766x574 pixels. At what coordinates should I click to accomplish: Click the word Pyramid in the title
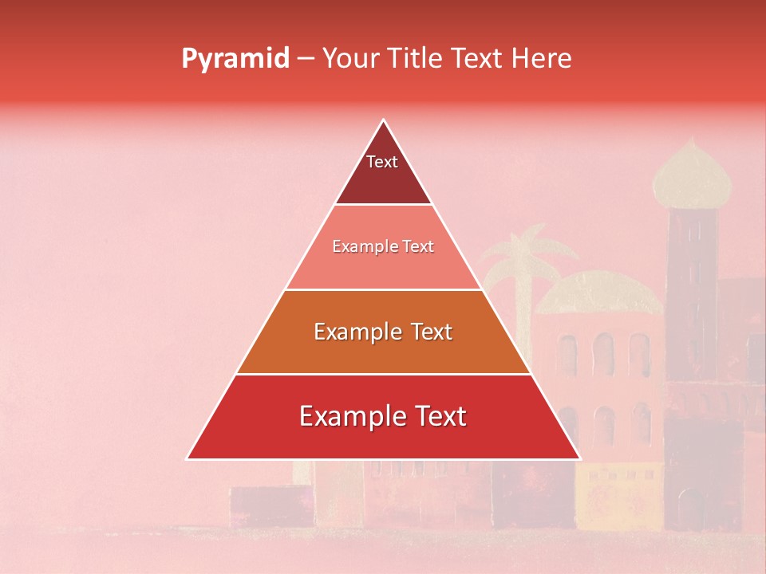coord(235,59)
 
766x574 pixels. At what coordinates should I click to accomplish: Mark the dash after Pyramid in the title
coord(306,59)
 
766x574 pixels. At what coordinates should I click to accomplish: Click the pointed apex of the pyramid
coord(383,121)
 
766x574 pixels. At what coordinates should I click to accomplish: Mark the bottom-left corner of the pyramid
coord(188,458)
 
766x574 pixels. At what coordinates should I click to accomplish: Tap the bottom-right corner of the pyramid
coord(578,458)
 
